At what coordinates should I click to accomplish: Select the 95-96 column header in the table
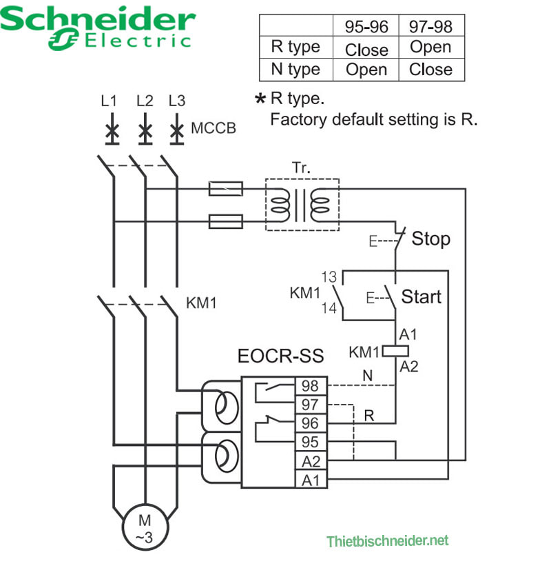366,26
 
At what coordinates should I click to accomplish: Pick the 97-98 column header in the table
430,26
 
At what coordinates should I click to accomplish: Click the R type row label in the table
295,48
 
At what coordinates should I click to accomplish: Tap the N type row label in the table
295,70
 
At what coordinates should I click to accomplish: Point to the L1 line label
109,101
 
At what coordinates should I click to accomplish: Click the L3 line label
177,101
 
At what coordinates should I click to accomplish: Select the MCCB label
213,128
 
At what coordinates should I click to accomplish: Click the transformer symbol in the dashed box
302,205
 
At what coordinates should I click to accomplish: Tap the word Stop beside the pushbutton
430,240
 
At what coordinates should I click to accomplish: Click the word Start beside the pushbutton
421,297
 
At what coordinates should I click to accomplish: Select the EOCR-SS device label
280,357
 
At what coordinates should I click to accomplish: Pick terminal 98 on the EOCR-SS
311,385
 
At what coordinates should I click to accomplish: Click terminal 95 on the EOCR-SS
311,441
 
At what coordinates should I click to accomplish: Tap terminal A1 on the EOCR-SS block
311,479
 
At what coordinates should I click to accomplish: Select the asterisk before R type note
260,100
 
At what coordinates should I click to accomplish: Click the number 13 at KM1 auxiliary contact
329,278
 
